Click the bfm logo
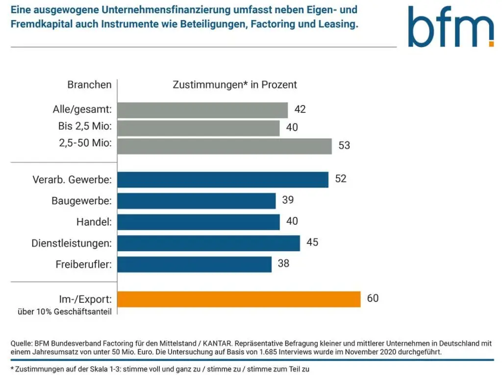pos(451,27)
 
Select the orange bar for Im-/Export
pos(239,299)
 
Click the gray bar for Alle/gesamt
pos(202,110)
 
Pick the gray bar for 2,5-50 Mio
pos(225,146)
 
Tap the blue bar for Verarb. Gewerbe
pos(223,180)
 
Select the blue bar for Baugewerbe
pos(197,201)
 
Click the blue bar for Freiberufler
pos(195,264)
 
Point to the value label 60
pos(373,298)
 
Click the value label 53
pos(344,146)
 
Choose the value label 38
pos(283,264)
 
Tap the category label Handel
pos(94,222)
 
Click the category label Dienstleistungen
pos(72,243)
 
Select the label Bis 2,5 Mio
pos(85,127)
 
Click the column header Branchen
pos(89,84)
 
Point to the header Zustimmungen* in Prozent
pos(235,84)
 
